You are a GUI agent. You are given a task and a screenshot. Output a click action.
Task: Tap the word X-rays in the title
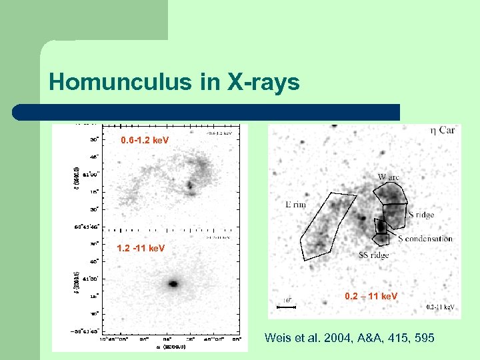point(263,83)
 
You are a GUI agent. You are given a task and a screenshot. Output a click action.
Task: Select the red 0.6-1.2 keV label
point(145,141)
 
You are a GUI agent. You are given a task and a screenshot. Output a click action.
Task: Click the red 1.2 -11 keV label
point(140,249)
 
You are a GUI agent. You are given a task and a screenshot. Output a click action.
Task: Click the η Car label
point(442,131)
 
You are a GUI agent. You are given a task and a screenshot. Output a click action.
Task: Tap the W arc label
point(390,177)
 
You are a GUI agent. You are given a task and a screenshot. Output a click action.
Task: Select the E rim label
point(295,205)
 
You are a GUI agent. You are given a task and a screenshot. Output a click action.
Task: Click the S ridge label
point(421,215)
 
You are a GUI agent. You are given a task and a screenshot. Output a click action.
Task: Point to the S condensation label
point(425,239)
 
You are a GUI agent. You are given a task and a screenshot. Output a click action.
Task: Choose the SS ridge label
point(373,255)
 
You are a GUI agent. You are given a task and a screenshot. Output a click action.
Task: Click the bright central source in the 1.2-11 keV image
point(173,283)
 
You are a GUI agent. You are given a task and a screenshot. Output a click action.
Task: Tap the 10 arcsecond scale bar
point(286,307)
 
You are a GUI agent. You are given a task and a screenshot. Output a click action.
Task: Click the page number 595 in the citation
point(425,339)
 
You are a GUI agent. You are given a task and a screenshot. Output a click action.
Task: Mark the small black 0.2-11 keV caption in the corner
point(440,307)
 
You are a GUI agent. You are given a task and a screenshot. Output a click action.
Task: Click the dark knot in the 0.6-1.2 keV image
point(191,185)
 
